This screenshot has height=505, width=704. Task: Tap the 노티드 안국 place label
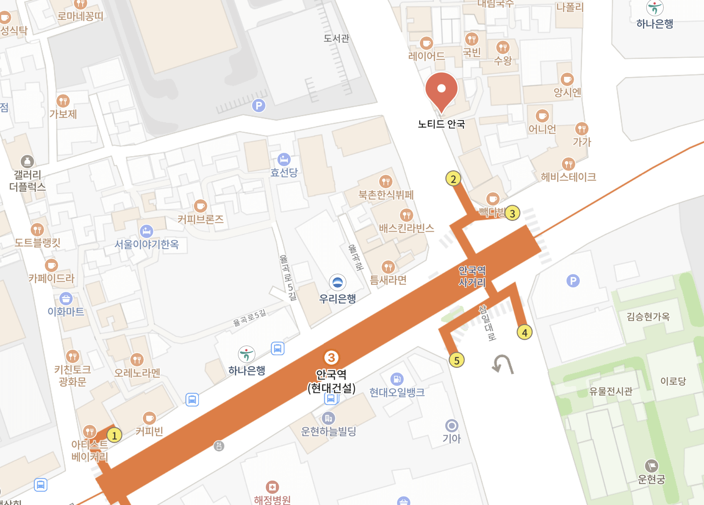pos(441,124)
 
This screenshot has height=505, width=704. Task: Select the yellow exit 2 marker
pos(453,179)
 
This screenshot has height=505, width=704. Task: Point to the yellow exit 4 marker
pos(525,332)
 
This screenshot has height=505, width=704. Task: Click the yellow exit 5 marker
pos(456,360)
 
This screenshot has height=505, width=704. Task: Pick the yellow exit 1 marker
pos(114,435)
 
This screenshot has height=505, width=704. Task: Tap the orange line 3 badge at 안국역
pos(331,358)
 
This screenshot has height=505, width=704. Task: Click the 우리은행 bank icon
pos(338,282)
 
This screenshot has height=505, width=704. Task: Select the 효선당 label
pos(284,172)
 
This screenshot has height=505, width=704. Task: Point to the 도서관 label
pos(336,39)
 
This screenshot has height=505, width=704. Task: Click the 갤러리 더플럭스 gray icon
pos(27,162)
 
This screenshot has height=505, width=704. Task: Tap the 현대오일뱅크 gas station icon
pos(397,379)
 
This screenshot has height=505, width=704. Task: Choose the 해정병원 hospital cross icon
pos(272,487)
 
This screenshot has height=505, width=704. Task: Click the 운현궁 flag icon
pos(651,466)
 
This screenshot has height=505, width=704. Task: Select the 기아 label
pos(451,438)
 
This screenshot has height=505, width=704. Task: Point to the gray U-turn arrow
pos(503,364)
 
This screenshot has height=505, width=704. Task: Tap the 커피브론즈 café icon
pos(201,206)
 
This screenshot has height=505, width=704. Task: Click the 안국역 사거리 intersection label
pos(472,277)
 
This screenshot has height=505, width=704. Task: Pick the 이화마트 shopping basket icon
pos(66,298)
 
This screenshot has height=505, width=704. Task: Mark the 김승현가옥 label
pos(648,317)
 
